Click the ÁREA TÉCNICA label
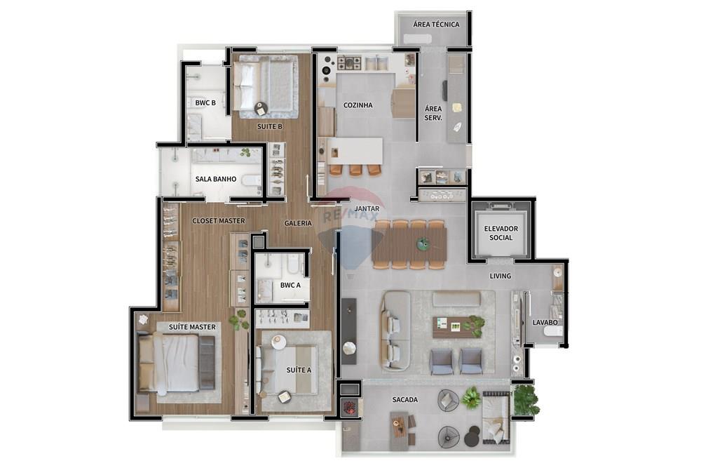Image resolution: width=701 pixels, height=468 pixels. [436, 25]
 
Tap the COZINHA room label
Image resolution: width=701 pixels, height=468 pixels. [358, 105]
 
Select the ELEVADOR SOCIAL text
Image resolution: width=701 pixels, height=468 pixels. [501, 233]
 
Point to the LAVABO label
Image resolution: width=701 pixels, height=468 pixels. [545, 322]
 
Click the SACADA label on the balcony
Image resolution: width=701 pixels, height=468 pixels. [404, 400]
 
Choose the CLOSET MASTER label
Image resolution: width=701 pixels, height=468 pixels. [219, 221]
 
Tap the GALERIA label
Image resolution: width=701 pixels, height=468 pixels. [298, 223]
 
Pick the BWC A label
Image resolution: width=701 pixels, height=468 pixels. [290, 286]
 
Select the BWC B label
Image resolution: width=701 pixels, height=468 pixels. [205, 103]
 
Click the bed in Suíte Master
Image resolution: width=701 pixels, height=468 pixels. [175, 362]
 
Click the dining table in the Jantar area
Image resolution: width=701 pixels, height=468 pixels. [409, 245]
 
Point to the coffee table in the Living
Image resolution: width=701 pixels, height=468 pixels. [456, 326]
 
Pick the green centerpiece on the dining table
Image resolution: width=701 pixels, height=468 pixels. [423, 244]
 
